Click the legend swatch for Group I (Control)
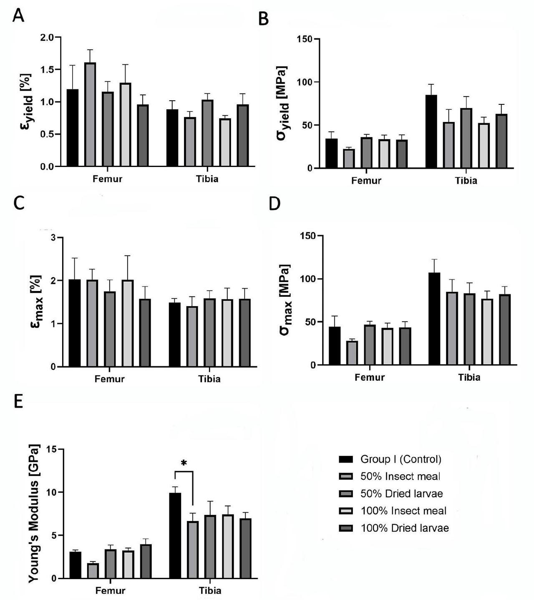(x=345, y=459)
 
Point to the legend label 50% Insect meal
(x=400, y=476)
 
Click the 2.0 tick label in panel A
(x=47, y=37)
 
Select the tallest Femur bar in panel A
(x=90, y=114)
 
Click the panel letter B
(x=263, y=19)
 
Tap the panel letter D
(x=274, y=204)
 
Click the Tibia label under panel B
(x=466, y=180)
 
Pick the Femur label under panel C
(x=110, y=379)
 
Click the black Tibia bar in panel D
(x=434, y=319)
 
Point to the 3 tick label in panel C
(x=53, y=238)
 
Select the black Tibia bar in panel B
(x=431, y=132)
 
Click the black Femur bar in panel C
(x=74, y=323)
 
